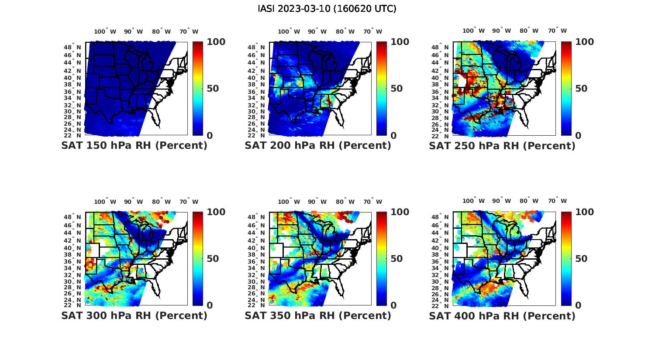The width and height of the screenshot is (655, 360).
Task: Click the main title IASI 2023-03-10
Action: point(327,9)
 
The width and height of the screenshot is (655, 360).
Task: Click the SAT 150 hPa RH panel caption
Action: point(134,146)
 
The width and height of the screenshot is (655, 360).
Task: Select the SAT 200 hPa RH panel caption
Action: point(318,146)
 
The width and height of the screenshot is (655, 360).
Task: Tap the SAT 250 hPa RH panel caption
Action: point(502,146)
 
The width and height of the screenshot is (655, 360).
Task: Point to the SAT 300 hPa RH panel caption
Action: point(134,315)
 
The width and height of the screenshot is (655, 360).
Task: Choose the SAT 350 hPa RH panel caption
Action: point(318,315)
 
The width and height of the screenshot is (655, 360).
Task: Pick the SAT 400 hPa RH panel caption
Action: point(502,315)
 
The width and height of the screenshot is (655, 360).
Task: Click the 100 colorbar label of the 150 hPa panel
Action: point(216,42)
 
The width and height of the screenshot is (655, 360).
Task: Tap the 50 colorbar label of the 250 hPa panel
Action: point(581,89)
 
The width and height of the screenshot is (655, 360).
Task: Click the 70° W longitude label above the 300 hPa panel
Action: point(189,202)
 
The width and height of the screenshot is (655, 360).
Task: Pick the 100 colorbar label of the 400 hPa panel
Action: point(585,212)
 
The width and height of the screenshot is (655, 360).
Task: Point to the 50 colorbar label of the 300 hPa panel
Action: point(212,259)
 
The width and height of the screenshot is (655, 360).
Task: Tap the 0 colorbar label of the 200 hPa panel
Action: point(393,135)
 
